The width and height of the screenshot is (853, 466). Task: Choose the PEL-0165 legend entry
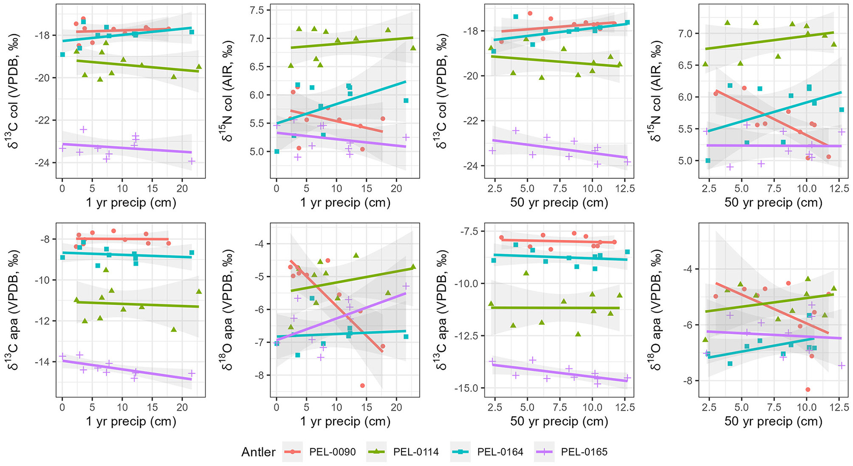click(584, 452)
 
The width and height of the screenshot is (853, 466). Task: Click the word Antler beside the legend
click(258, 452)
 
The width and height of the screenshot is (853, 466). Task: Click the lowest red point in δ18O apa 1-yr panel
click(362, 386)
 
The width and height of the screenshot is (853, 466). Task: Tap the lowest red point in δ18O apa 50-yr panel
click(807, 390)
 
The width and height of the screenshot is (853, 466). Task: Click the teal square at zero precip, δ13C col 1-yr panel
click(63, 54)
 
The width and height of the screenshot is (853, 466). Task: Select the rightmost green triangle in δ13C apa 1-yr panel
click(199, 291)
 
